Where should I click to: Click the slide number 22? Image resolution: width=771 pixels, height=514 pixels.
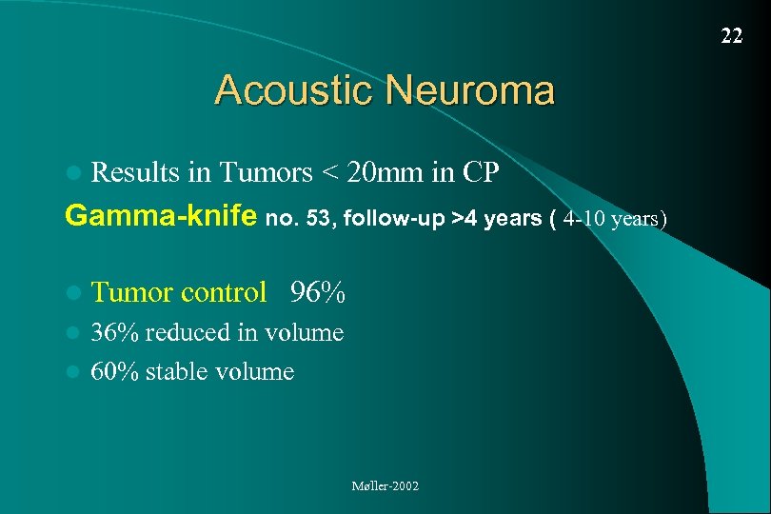(731, 36)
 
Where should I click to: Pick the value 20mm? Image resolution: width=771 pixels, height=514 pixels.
(388, 172)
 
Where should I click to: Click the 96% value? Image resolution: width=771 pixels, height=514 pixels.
(318, 292)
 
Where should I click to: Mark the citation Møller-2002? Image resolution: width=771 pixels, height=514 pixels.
(385, 486)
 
